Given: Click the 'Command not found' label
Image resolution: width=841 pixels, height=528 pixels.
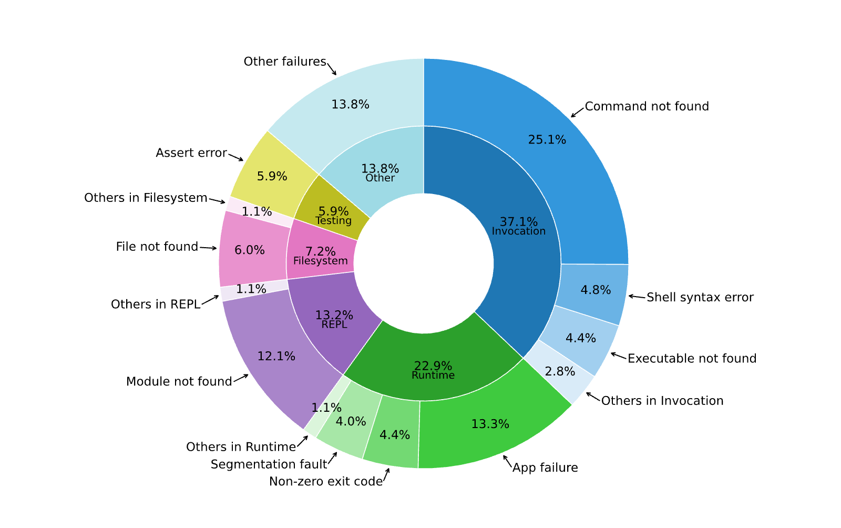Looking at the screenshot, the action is (647, 106).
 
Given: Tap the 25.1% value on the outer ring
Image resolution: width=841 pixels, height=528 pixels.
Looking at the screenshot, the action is (547, 140).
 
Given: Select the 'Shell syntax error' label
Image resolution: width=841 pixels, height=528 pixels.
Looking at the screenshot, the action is (700, 297).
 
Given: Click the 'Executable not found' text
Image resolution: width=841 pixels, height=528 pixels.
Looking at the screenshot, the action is (692, 358).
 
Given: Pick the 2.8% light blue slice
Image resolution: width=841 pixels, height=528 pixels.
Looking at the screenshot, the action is (559, 372).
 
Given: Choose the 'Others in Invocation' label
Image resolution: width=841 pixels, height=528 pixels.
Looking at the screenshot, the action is (662, 401).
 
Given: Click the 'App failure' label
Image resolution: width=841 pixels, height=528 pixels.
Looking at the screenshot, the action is (545, 468).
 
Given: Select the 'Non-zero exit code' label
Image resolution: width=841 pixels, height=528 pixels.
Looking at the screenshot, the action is (326, 481).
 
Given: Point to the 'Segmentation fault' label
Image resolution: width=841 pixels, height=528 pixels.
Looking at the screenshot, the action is (269, 464).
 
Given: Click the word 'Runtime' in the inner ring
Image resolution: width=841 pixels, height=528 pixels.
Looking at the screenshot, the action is (433, 375).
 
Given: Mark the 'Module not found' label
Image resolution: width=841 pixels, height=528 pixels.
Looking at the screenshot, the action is (179, 382).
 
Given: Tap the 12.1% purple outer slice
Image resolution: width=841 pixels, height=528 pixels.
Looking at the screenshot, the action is (276, 357).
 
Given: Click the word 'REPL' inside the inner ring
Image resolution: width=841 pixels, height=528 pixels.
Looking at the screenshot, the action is (334, 324).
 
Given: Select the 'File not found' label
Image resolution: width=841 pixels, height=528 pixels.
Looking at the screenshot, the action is (157, 247).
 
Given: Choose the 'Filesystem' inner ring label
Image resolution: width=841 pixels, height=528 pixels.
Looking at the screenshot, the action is (320, 261).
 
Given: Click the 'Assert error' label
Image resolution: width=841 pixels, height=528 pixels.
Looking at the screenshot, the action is (191, 153).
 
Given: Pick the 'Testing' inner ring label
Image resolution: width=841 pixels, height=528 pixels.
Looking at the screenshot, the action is (333, 220).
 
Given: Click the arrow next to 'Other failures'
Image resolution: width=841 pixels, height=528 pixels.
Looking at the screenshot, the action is (332, 69).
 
